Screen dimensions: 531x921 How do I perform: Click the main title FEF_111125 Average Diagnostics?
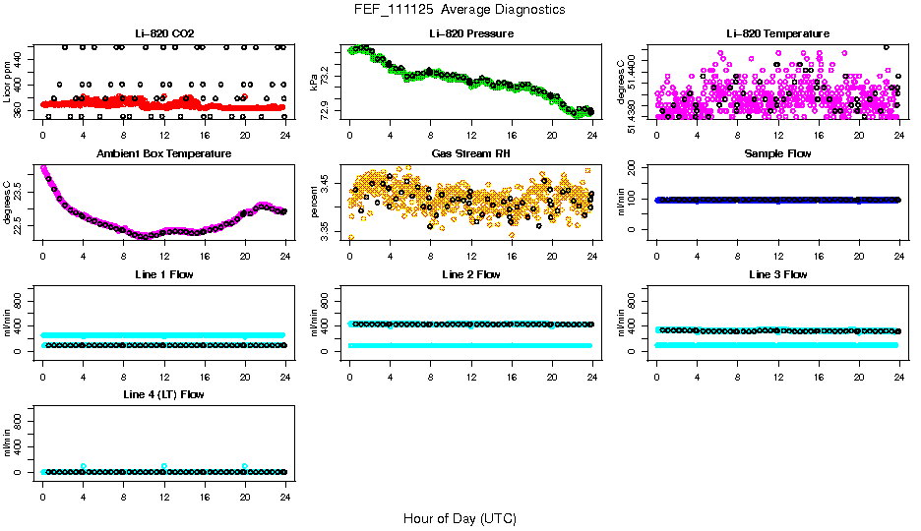click(x=460, y=9)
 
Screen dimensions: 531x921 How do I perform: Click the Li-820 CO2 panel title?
click(x=164, y=34)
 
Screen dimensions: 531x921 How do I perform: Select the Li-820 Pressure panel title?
click(x=471, y=34)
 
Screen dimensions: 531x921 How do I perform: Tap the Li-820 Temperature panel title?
click(x=777, y=34)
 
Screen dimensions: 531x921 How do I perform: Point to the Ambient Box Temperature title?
click(x=164, y=154)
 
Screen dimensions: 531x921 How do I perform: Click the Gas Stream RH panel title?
click(x=471, y=154)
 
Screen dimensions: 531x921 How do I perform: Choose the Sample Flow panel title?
click(x=777, y=154)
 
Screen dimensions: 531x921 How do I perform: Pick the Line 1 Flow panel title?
click(x=164, y=274)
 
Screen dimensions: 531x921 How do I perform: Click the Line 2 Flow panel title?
click(x=471, y=274)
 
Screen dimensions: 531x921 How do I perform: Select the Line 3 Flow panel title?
click(x=777, y=274)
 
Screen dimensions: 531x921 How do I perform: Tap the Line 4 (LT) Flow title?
click(x=164, y=394)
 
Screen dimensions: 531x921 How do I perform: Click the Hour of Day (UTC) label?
click(x=460, y=518)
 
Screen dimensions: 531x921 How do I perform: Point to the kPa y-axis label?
click(x=315, y=82)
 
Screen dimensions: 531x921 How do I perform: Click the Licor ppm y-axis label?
click(x=9, y=82)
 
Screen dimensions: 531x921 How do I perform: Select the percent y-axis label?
click(x=315, y=202)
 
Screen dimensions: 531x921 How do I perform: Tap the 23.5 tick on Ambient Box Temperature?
click(x=21, y=182)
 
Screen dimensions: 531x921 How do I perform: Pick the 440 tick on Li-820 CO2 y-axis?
click(x=21, y=60)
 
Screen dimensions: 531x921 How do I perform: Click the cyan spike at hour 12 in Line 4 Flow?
click(x=164, y=466)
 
